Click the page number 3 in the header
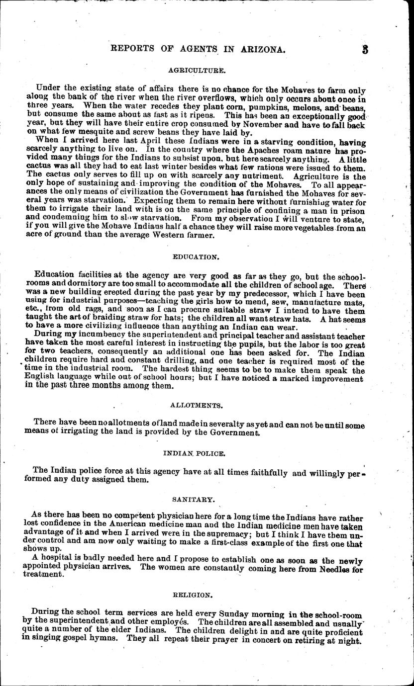(x=365, y=49)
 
